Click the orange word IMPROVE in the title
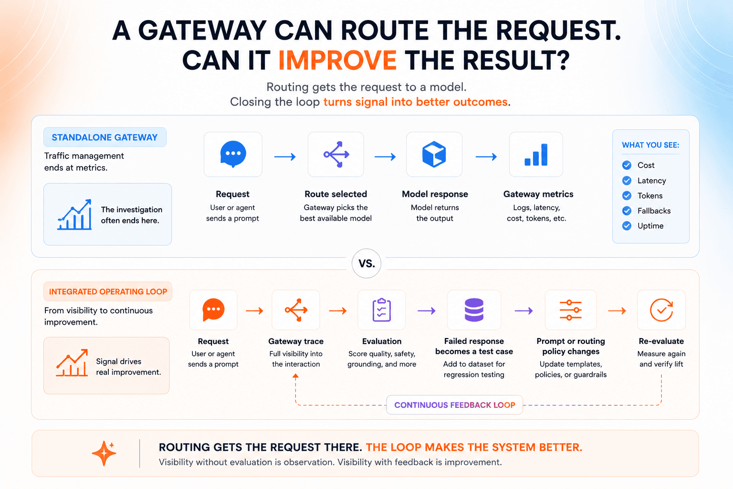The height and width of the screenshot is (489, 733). click(x=337, y=61)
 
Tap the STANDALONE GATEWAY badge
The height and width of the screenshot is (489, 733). click(x=105, y=137)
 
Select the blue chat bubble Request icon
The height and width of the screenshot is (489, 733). click(x=233, y=154)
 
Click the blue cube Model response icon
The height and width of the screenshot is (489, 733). click(x=434, y=154)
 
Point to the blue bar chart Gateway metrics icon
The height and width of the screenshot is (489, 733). click(x=536, y=155)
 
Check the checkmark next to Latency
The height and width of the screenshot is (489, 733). click(x=627, y=181)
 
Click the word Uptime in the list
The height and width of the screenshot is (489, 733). click(x=650, y=226)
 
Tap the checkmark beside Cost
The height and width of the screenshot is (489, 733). click(x=627, y=165)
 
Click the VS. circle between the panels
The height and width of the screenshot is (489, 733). click(x=366, y=264)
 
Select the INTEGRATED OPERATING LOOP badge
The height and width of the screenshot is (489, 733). click(x=108, y=291)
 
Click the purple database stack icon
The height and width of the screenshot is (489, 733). click(x=474, y=310)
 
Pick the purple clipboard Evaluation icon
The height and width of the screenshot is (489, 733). click(x=382, y=310)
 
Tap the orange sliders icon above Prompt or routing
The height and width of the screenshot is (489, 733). click(x=571, y=310)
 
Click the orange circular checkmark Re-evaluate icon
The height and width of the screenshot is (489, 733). click(x=661, y=310)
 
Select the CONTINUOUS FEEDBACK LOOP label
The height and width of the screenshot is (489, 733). click(x=454, y=405)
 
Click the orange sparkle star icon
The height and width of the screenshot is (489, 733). click(x=104, y=453)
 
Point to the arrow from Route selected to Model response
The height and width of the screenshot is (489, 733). click(x=385, y=157)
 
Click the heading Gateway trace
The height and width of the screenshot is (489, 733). click(x=296, y=341)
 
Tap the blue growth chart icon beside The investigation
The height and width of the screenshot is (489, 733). click(x=74, y=214)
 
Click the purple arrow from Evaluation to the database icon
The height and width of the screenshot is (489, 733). click(x=427, y=310)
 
